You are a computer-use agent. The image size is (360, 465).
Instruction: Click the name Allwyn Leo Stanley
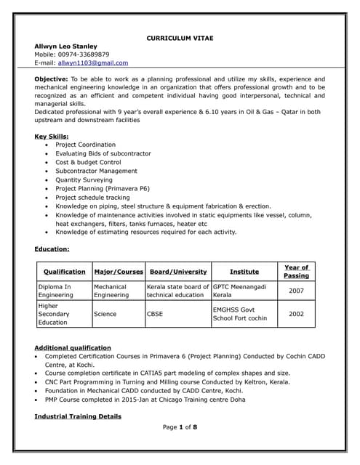(x=66, y=46)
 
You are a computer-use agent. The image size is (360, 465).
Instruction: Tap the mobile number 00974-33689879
(x=84, y=54)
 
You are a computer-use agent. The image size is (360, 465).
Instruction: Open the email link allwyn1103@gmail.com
(x=93, y=63)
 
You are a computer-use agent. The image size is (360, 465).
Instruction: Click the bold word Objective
(x=52, y=78)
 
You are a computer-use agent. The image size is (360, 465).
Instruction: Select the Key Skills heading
(x=52, y=136)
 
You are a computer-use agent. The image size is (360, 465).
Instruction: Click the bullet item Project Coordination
(x=85, y=145)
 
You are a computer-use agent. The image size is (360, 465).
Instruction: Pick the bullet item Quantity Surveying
(x=83, y=179)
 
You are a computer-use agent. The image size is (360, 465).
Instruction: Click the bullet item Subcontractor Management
(x=96, y=171)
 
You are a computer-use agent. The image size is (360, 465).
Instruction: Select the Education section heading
(x=52, y=249)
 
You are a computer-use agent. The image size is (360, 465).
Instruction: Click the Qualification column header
(x=64, y=272)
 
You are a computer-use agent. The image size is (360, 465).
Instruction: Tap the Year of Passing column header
(x=296, y=272)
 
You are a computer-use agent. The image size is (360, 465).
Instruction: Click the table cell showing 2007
(x=296, y=291)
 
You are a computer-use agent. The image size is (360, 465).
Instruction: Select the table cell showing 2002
(x=296, y=314)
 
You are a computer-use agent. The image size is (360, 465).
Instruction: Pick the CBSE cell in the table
(x=155, y=314)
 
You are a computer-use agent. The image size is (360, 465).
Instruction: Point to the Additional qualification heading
(x=73, y=348)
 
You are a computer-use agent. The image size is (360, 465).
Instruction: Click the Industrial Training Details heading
(x=78, y=416)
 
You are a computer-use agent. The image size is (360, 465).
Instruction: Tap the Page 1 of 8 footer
(x=180, y=426)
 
